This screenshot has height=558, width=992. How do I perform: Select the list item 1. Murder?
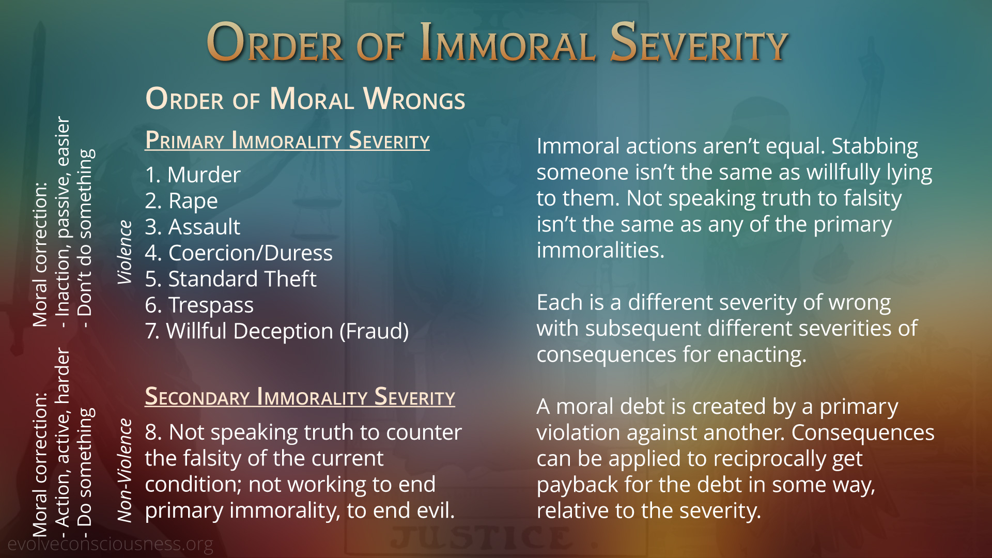(x=193, y=175)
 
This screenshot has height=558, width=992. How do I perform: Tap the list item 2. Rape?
(x=181, y=201)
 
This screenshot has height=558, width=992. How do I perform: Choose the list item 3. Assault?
(x=193, y=227)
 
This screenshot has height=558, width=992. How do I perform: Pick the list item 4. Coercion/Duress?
(x=239, y=253)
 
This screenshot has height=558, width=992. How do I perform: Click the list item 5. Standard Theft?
(x=231, y=279)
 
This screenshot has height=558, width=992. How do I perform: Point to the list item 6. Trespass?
(x=199, y=305)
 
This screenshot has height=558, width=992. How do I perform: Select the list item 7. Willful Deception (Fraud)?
(x=277, y=331)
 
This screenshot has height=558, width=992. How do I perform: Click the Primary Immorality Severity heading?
(x=287, y=140)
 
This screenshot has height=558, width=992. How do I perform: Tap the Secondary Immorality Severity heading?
(x=300, y=397)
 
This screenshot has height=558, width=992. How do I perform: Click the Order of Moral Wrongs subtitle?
(x=305, y=98)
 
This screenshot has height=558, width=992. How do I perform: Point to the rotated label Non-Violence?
(x=125, y=470)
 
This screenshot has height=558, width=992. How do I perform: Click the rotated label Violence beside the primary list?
(x=125, y=252)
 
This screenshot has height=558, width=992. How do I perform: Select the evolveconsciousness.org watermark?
(x=110, y=544)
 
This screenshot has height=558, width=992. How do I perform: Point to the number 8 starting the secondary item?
(x=151, y=432)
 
